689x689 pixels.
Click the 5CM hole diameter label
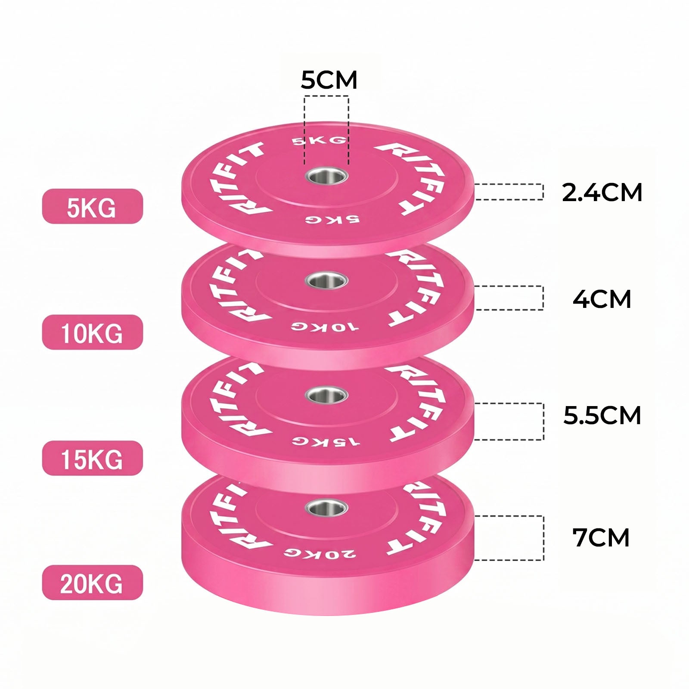[329, 80]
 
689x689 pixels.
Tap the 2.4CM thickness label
[602, 192]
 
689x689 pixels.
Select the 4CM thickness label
[602, 299]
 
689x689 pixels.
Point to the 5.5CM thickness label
[602, 415]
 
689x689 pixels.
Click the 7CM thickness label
[601, 537]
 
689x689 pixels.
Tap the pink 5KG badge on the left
[92, 206]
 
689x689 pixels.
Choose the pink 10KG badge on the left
[92, 332]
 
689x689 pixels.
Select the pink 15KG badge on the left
[92, 458]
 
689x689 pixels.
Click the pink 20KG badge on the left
[92, 583]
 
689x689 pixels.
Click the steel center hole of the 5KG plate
[326, 176]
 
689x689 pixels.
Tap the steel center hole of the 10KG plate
[326, 281]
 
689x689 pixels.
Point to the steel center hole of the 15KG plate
[326, 395]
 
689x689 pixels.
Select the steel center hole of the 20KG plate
[326, 507]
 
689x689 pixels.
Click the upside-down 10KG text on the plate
[324, 326]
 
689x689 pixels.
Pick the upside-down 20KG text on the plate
[320, 553]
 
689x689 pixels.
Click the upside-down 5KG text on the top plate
[332, 219]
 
